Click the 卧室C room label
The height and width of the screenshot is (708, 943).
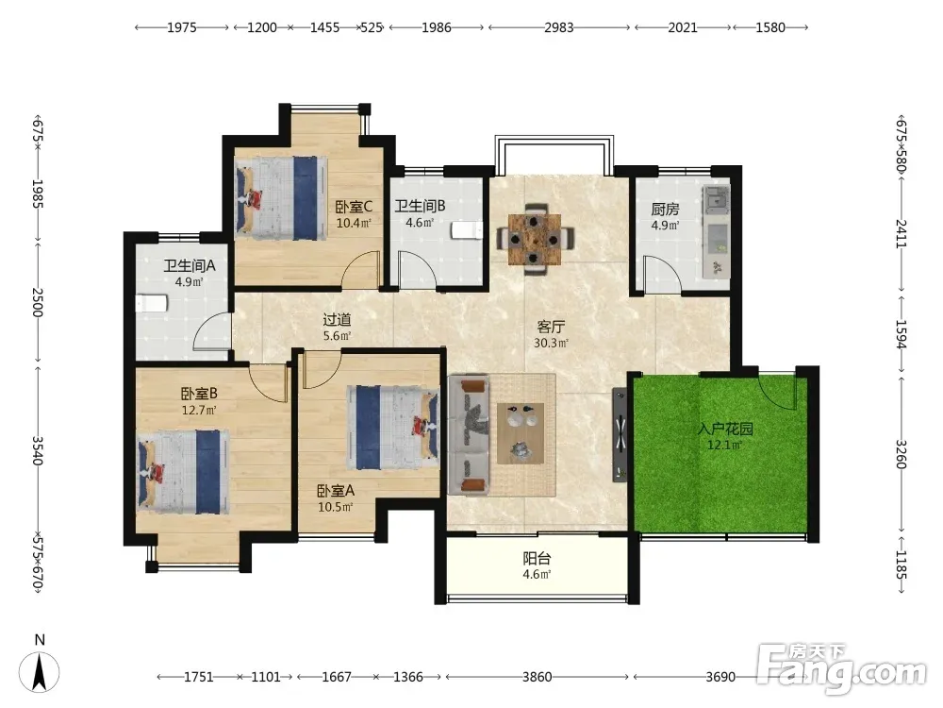point(354,207)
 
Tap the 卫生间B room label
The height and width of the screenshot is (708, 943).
point(420,206)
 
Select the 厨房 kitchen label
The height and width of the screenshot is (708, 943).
point(665,209)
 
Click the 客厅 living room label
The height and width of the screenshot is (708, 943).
point(551,327)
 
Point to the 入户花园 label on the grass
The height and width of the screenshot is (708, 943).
point(725,430)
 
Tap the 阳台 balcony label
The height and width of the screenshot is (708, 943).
point(538,558)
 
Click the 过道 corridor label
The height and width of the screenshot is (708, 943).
point(337,320)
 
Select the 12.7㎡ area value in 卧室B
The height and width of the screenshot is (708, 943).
point(199,411)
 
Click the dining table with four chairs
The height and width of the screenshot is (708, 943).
point(535,240)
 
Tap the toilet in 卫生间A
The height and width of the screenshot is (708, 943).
point(151,303)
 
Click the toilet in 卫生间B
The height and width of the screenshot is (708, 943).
point(468,230)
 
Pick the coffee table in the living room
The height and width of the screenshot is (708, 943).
point(521,433)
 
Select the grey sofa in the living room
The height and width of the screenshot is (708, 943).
point(469,435)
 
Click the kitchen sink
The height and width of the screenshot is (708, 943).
point(717,200)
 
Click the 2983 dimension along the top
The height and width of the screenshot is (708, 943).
point(559,27)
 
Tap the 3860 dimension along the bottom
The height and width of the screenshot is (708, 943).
point(538,677)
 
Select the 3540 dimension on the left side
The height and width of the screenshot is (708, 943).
point(38,451)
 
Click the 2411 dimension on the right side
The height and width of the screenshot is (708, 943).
point(901,233)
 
